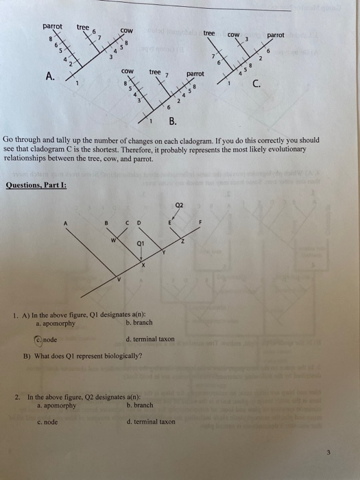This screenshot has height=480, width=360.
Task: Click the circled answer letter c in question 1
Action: [x=38, y=340]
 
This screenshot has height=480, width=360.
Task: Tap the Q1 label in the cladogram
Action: [x=141, y=243]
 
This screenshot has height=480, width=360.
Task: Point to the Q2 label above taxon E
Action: [x=180, y=205]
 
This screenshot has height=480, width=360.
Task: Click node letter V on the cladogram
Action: [x=119, y=279]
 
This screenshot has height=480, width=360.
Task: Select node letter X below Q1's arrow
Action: [x=143, y=265]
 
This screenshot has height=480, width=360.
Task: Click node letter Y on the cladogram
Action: [x=164, y=252]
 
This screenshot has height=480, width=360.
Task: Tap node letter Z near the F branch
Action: [x=182, y=241]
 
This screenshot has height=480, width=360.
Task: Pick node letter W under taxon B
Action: [x=113, y=240]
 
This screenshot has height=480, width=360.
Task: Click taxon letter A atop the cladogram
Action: [x=65, y=224]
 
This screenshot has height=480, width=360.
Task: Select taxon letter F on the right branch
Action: [x=200, y=222]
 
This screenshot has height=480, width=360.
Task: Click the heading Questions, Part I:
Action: [x=36, y=185]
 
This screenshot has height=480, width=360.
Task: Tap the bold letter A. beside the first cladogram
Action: [x=50, y=75]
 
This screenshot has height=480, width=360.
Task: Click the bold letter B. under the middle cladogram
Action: [x=173, y=121]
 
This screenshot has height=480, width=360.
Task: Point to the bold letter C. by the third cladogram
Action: [x=256, y=83]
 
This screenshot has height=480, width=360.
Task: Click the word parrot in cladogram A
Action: [x=52, y=27]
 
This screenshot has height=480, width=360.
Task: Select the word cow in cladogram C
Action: [x=233, y=35]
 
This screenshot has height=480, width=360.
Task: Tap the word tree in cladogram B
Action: [x=155, y=72]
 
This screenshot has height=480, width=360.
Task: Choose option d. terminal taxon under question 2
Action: [x=151, y=422]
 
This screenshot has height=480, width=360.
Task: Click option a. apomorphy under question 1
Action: [x=56, y=324]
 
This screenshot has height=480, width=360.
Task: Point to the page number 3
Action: [x=328, y=453]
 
